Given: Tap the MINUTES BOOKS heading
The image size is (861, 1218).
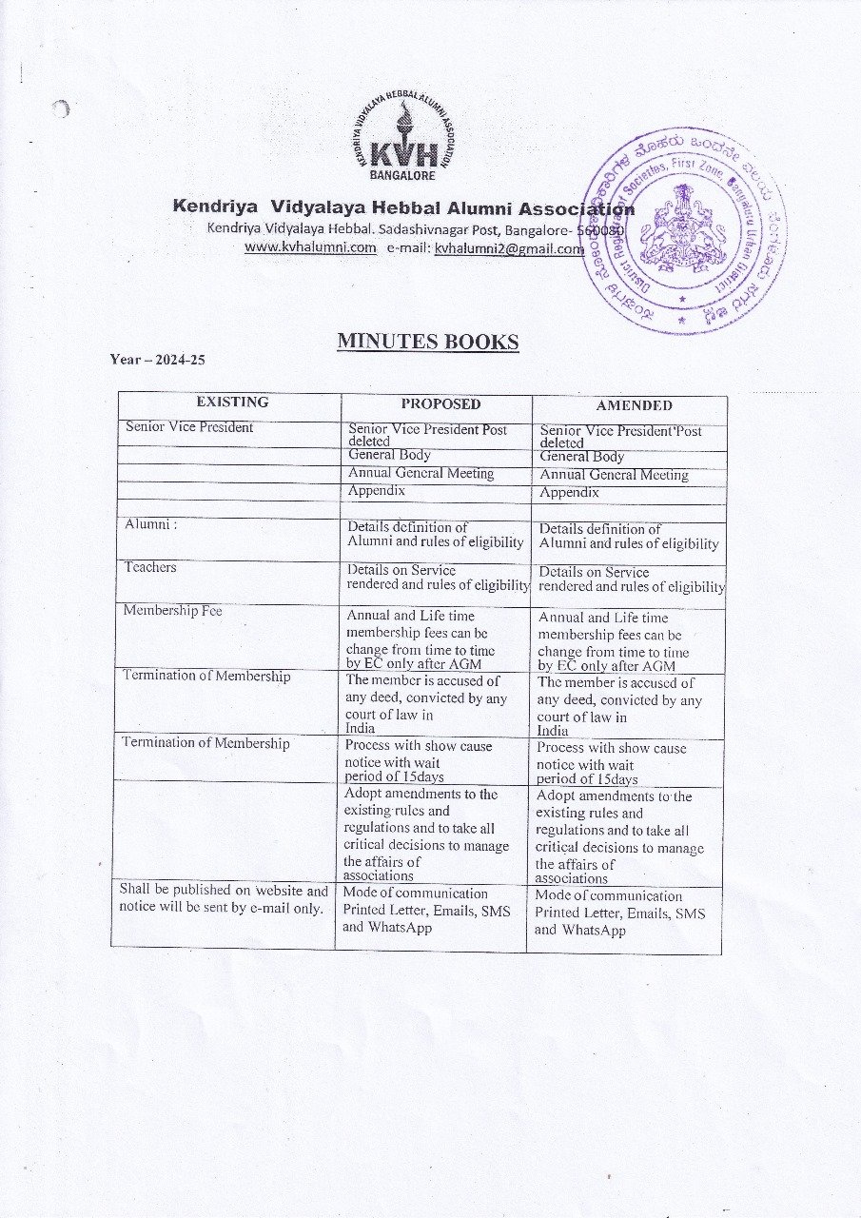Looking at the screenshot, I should click(x=427, y=342).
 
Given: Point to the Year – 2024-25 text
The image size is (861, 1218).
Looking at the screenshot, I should click(x=158, y=360).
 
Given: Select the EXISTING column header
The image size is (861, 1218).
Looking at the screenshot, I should click(x=232, y=402).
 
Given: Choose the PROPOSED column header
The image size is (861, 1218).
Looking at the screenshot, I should click(x=440, y=403).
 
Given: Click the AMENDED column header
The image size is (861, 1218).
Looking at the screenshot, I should click(x=634, y=404).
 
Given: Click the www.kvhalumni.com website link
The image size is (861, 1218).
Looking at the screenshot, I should click(x=310, y=247).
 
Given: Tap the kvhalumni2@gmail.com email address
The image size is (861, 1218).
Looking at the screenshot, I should click(x=509, y=248).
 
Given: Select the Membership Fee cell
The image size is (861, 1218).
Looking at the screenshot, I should click(x=172, y=611).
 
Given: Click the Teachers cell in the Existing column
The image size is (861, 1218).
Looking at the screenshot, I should click(x=150, y=567).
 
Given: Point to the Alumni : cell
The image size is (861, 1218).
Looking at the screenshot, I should click(x=151, y=524).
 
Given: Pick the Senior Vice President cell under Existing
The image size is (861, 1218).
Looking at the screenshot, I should click(x=189, y=427).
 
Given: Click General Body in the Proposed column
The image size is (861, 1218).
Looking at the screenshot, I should click(x=389, y=455).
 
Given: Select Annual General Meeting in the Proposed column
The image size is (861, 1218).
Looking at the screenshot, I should click(x=421, y=473).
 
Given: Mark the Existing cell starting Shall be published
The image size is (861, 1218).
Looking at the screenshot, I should click(x=223, y=899).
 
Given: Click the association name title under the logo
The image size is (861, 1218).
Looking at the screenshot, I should click(x=403, y=207).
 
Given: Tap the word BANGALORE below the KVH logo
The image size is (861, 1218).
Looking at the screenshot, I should click(x=402, y=175).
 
